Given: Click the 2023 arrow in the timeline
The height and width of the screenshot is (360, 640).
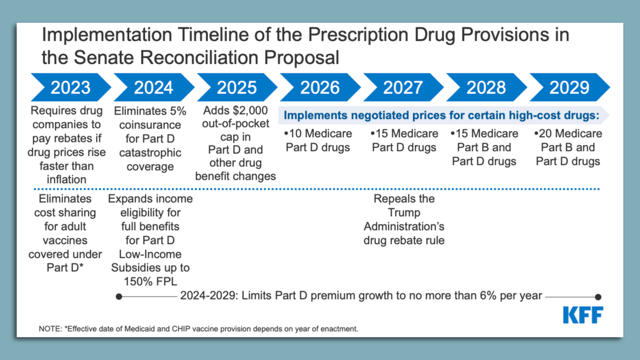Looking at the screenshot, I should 71,88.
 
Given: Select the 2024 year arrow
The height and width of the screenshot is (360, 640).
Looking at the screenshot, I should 154,88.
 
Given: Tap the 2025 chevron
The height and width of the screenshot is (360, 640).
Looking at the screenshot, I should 237,88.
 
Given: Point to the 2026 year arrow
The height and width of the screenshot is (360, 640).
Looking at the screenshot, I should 320,88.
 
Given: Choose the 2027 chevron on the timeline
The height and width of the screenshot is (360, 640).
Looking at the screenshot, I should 403,88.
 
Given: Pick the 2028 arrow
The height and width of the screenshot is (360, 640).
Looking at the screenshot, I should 486,88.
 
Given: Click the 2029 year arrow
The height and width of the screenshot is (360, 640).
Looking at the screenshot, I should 569,88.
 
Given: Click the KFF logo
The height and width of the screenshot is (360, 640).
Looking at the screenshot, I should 583,315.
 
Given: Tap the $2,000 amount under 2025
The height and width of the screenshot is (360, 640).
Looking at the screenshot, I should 251,111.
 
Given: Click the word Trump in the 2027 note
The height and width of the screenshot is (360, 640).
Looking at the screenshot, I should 404,213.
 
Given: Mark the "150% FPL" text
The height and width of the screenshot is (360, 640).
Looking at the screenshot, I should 150,282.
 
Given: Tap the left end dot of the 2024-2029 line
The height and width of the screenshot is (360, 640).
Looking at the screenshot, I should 119,297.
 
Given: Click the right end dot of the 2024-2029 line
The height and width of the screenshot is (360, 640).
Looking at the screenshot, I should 598,297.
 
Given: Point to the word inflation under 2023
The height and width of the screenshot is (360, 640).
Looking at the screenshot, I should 67,180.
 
